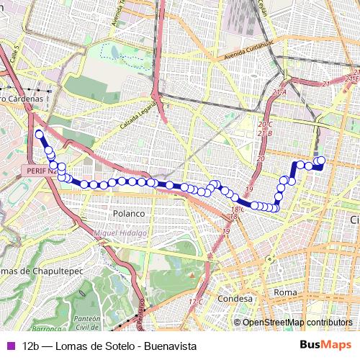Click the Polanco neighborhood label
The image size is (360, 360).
[x=129, y=214]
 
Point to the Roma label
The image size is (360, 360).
[x=285, y=292]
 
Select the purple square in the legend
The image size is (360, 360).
[x=9, y=346]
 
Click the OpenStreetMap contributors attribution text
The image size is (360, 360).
[x=297, y=323]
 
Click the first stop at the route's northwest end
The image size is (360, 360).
[x=40, y=134]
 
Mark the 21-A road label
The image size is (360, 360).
[x=279, y=93]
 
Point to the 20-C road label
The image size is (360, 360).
[x=265, y=125]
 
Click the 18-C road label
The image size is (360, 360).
[x=233, y=210]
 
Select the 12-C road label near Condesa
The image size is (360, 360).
[x=195, y=301]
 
